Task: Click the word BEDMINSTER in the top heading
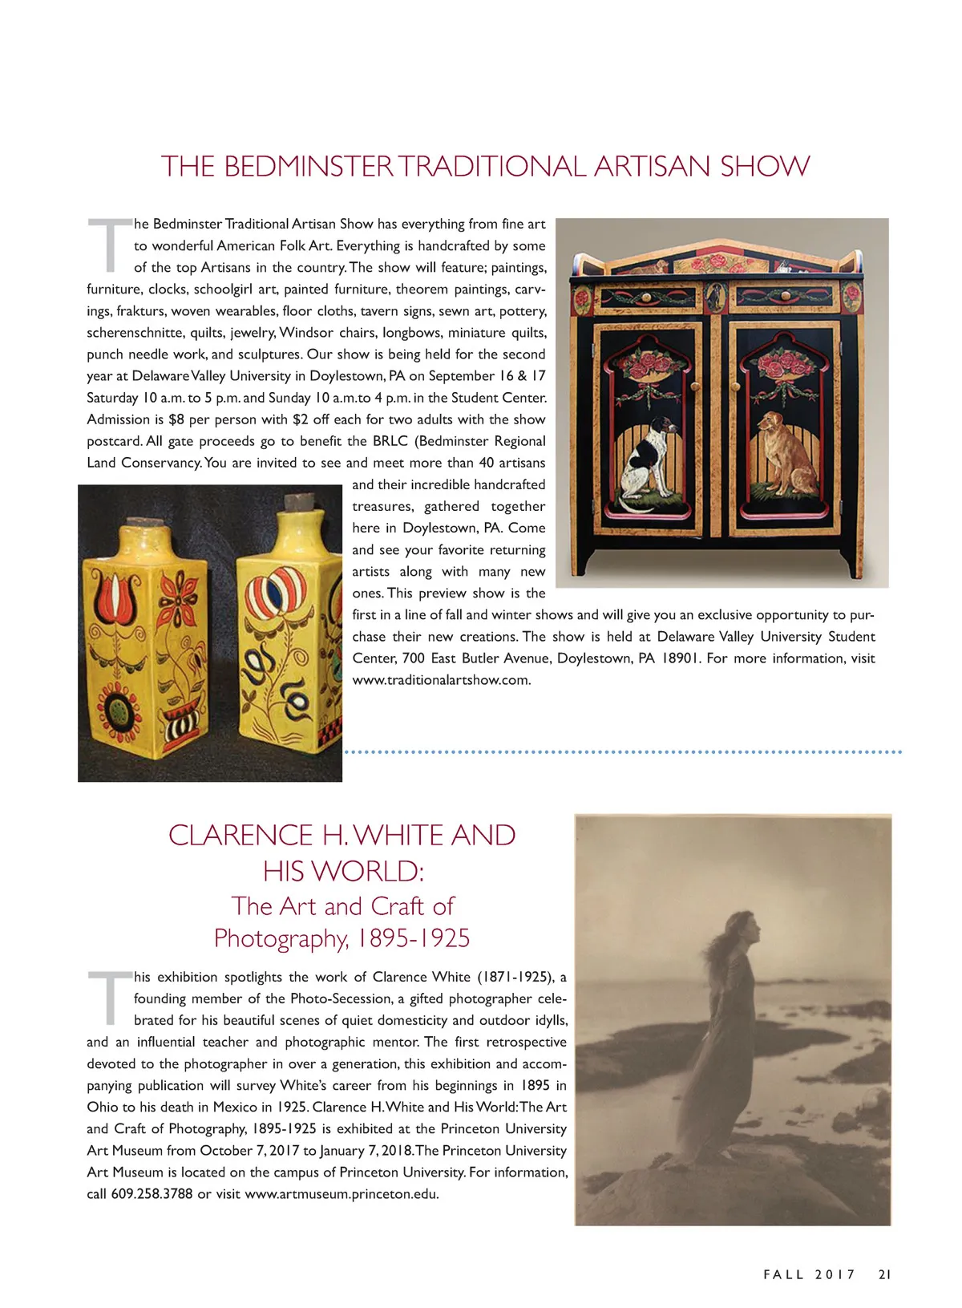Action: (x=308, y=167)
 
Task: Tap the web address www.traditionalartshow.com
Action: (x=442, y=680)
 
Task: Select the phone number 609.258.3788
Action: (x=152, y=1194)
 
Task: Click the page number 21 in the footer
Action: (x=884, y=1274)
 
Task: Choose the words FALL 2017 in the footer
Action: (x=809, y=1274)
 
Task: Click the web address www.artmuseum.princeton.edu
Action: (x=342, y=1194)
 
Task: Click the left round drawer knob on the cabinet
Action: (x=645, y=298)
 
